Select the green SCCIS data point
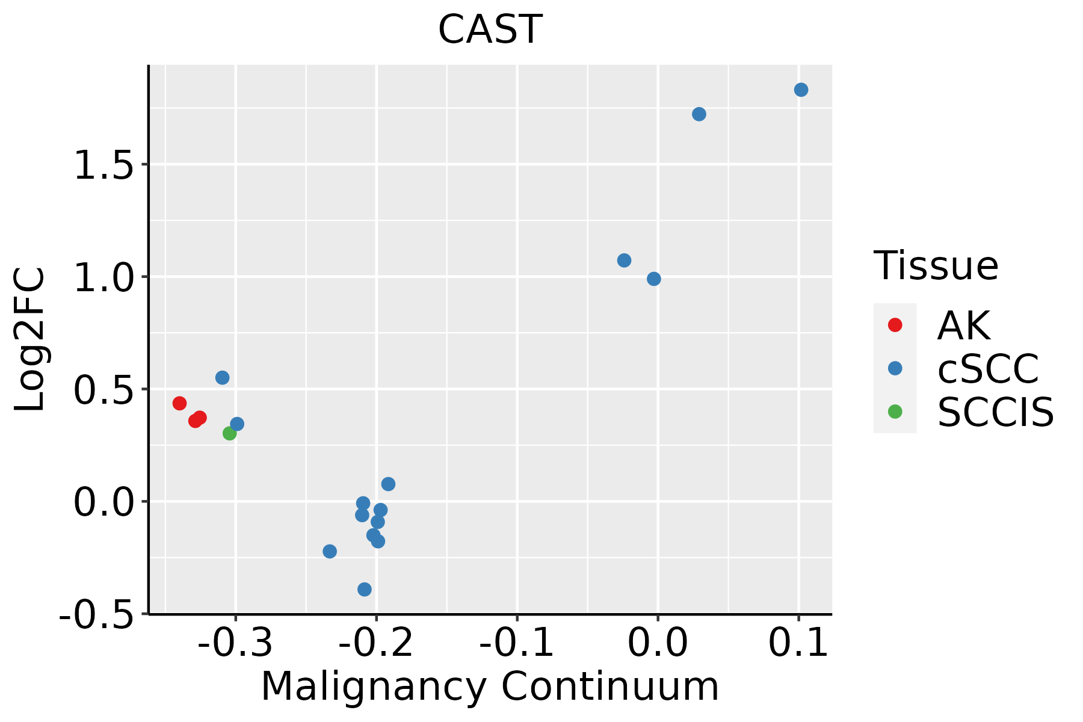(230, 433)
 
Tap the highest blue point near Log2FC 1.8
(801, 90)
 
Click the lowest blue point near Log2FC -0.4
(365, 589)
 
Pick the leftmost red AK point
(179, 403)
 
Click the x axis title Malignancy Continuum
(490, 687)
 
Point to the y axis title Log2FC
(30, 340)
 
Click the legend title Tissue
(936, 266)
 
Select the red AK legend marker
(895, 325)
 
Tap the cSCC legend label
(988, 369)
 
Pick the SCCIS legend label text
(996, 413)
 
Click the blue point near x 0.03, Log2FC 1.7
(699, 114)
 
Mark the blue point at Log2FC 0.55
(223, 378)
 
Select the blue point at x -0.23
(330, 551)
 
